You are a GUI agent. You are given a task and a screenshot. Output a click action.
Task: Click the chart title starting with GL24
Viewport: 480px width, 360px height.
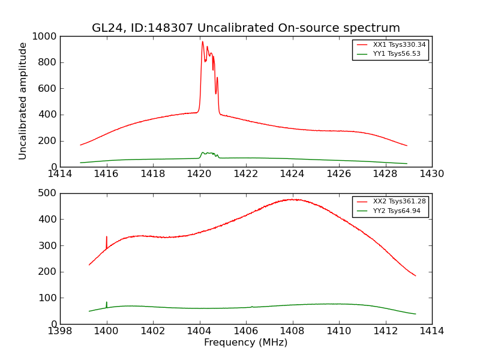click(x=245, y=28)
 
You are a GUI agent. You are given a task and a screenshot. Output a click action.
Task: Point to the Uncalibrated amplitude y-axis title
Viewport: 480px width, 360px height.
click(x=23, y=101)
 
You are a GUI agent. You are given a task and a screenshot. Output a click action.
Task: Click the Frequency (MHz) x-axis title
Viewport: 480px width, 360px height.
click(x=245, y=343)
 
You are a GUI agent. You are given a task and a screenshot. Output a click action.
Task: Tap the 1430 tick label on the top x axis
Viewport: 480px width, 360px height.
click(x=431, y=174)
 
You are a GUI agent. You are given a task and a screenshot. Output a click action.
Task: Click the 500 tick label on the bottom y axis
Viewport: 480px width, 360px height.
click(x=48, y=193)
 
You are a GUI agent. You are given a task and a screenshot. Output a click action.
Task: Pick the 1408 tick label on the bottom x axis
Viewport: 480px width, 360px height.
click(x=292, y=331)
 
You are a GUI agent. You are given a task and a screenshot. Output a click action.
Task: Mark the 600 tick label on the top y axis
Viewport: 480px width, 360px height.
click(x=48, y=89)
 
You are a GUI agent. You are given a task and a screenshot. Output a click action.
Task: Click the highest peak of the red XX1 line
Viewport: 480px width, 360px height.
click(x=203, y=42)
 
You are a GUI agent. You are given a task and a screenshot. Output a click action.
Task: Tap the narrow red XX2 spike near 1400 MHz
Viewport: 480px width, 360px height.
click(x=107, y=238)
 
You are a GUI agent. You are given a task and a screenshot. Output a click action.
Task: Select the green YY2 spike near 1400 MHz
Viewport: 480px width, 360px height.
click(x=107, y=302)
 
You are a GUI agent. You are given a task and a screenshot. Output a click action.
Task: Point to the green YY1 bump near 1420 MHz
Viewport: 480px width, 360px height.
click(x=208, y=153)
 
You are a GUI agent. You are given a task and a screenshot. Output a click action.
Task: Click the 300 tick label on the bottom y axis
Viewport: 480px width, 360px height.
click(x=48, y=245)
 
